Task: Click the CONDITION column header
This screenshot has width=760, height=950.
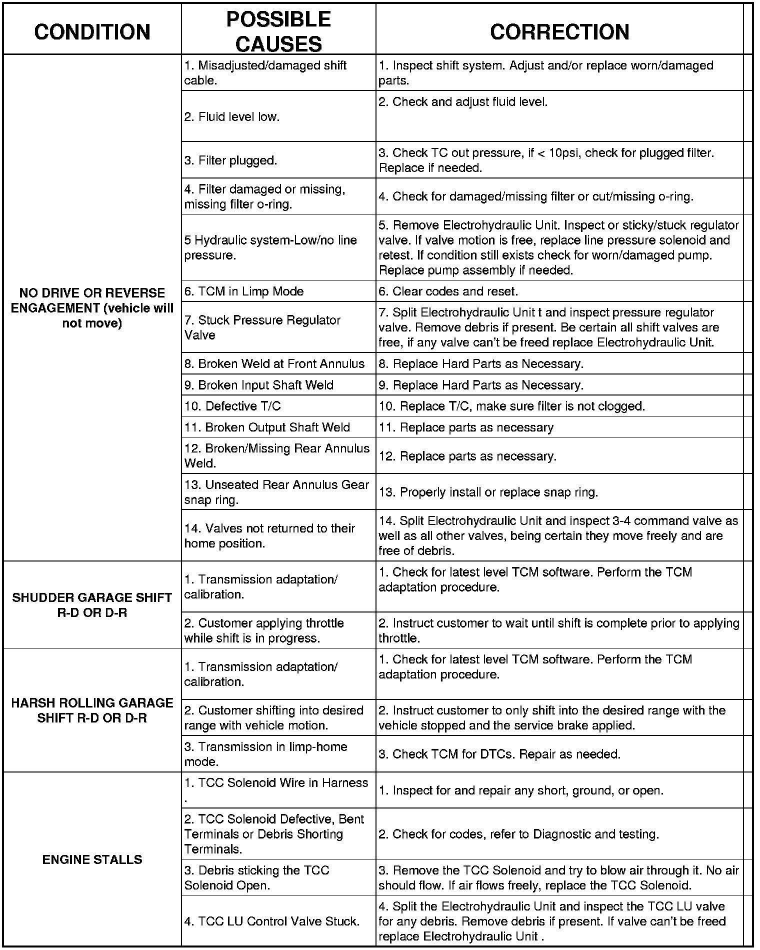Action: pyautogui.click(x=92, y=31)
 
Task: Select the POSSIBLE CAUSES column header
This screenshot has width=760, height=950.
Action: pyautogui.click(x=278, y=31)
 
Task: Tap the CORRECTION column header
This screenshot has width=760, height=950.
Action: pyautogui.click(x=559, y=31)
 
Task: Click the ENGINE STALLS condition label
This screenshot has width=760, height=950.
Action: pyautogui.click(x=92, y=859)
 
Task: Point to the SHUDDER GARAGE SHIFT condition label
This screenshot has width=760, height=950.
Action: pyautogui.click(x=92, y=605)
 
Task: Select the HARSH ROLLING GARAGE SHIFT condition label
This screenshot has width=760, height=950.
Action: pyautogui.click(x=92, y=710)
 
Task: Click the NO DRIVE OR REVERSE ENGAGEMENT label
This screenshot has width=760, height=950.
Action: pyautogui.click(x=92, y=308)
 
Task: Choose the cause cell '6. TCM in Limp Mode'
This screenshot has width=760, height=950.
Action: pyautogui.click(x=244, y=291)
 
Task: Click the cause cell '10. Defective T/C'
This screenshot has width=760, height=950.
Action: pyautogui.click(x=232, y=406)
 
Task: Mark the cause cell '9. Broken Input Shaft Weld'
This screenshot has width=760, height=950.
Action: pyautogui.click(x=258, y=385)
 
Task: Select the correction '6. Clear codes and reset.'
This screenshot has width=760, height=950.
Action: pyautogui.click(x=448, y=291)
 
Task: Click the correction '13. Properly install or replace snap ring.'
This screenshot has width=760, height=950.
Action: pyautogui.click(x=488, y=492)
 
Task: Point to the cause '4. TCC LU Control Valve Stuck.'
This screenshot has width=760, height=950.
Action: pyautogui.click(x=272, y=921)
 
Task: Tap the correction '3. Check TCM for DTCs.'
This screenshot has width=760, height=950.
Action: pyautogui.click(x=499, y=754)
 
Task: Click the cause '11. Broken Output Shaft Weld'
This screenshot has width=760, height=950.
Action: pyautogui.click(x=267, y=427)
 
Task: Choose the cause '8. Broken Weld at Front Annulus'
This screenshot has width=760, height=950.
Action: pyautogui.click(x=274, y=363)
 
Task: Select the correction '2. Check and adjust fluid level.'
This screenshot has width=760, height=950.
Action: pyautogui.click(x=463, y=102)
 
